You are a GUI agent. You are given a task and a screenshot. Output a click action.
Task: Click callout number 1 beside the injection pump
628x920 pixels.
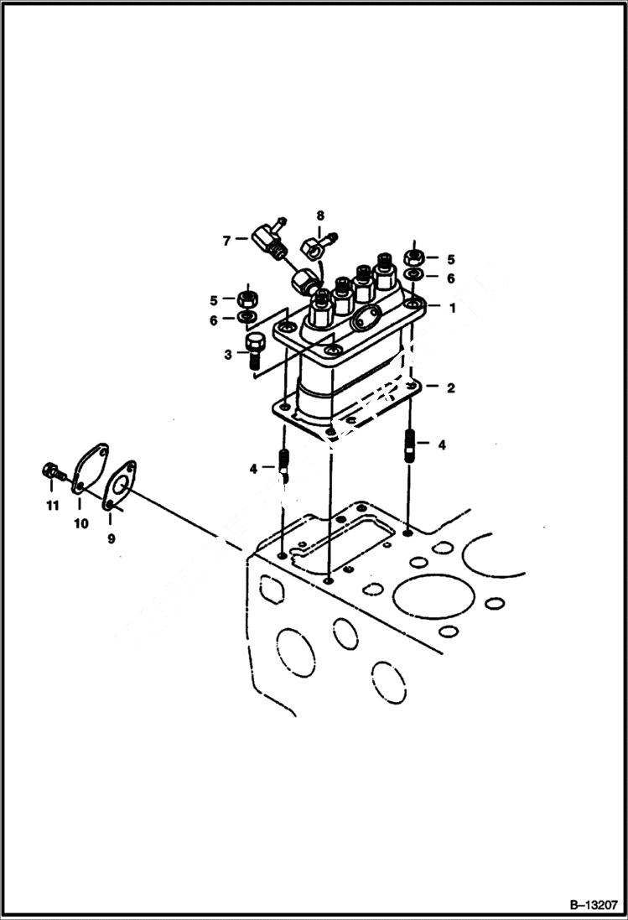[x=452, y=308]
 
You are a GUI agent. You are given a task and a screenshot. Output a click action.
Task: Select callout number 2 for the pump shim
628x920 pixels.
[x=450, y=387]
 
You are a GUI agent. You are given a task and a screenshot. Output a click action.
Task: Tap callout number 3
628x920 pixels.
[x=228, y=356]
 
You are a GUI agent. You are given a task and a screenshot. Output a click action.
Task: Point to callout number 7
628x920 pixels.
[x=226, y=240]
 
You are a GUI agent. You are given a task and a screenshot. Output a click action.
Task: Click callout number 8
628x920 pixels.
[x=319, y=216]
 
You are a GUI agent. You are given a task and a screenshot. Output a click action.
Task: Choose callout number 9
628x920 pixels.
[x=111, y=539]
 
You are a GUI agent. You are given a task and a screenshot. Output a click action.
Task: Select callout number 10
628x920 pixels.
[x=80, y=524]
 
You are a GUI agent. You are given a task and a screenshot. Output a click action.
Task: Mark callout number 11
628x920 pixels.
[x=52, y=505]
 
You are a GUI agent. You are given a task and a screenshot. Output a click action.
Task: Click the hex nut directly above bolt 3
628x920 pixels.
[x=247, y=298]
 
